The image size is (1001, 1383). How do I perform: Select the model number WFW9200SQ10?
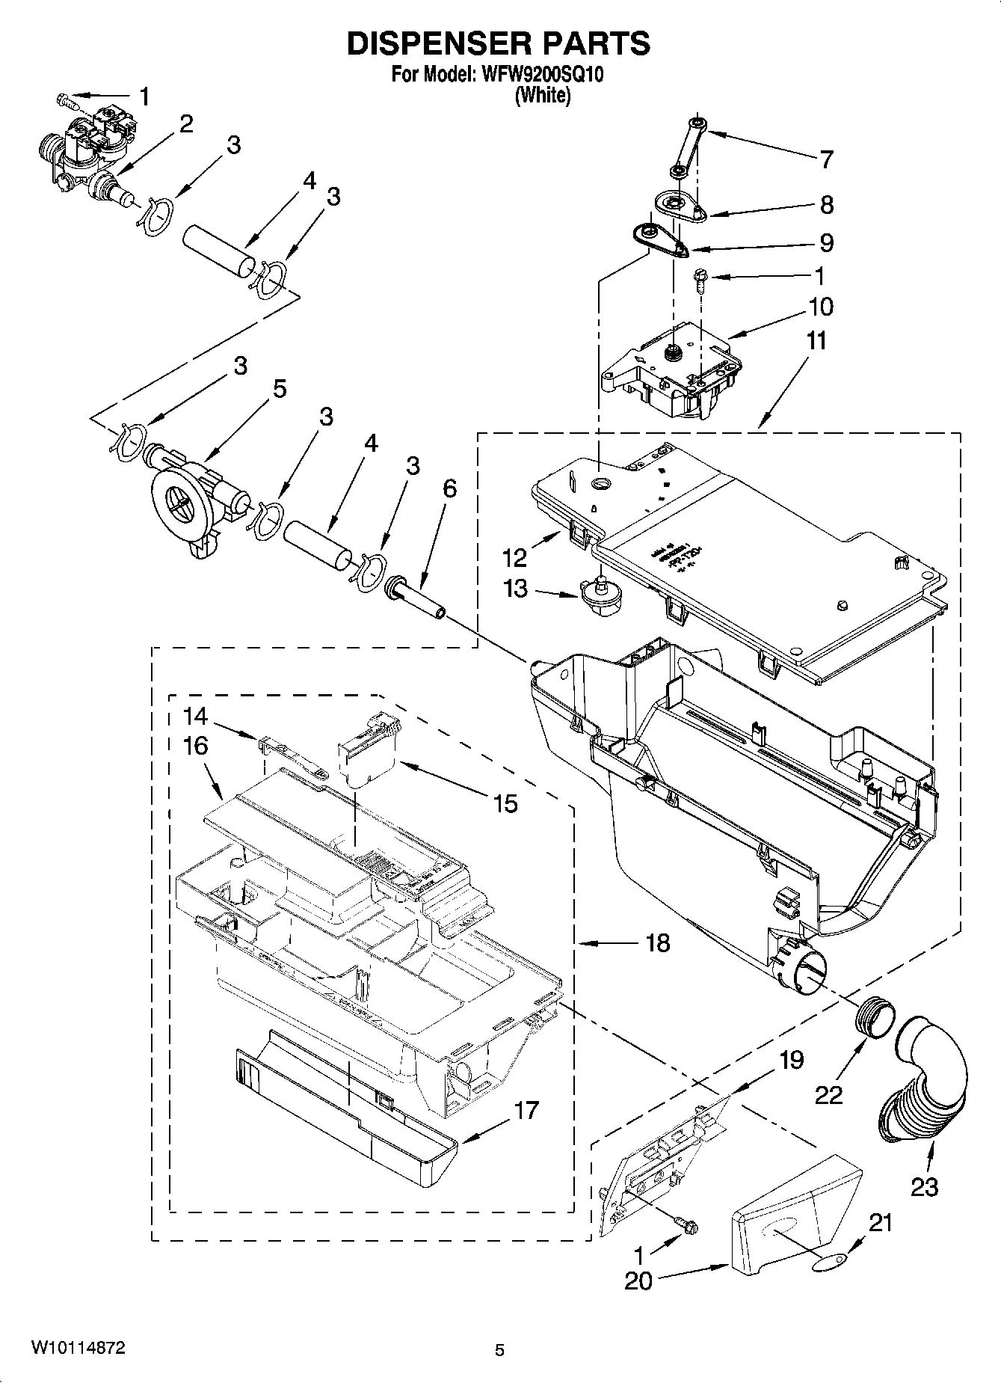(538, 75)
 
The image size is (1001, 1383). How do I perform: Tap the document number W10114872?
(78, 1348)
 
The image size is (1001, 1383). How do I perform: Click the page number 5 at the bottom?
(499, 1350)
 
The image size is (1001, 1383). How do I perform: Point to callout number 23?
(924, 1187)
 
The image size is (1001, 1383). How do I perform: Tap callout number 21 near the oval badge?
(882, 1222)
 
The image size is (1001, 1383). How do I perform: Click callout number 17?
(526, 1110)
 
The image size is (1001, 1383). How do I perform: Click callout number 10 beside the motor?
(820, 307)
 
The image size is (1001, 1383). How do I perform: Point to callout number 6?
(449, 488)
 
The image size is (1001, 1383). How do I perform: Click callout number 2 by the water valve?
(185, 123)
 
